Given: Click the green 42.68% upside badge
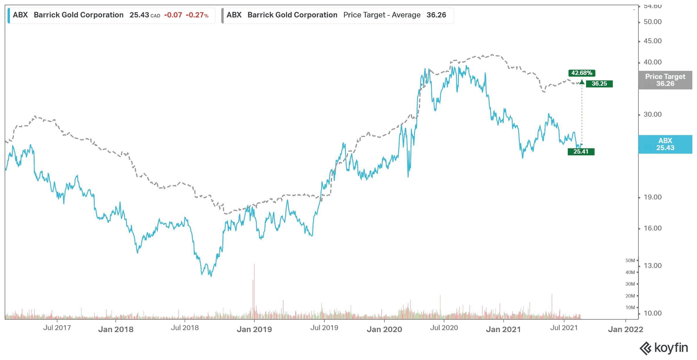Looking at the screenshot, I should (581, 73).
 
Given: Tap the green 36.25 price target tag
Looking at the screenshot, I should (599, 84).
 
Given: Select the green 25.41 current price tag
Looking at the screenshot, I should (581, 152).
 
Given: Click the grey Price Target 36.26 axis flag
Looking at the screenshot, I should (665, 80).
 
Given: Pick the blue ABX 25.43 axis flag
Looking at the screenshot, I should (665, 144).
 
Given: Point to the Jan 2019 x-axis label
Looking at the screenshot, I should (254, 329).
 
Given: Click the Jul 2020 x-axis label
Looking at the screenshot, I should (444, 328).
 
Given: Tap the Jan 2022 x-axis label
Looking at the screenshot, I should (625, 329).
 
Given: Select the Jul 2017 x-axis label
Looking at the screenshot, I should (57, 328).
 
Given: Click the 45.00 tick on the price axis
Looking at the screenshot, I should (652, 41).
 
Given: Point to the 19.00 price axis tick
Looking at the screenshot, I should (652, 197).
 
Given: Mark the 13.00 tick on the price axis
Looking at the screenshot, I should (652, 266).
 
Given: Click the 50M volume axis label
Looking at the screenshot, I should (630, 260).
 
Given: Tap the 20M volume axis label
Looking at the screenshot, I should (630, 296).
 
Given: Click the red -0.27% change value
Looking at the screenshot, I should (197, 15).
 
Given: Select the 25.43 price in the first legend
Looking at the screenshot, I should (139, 15).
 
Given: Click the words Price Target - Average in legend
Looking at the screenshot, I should (382, 15).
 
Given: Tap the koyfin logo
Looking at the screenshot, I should (664, 348).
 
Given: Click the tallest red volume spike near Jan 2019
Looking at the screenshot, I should (254, 290).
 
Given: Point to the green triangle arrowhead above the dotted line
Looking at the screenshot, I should (582, 82).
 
